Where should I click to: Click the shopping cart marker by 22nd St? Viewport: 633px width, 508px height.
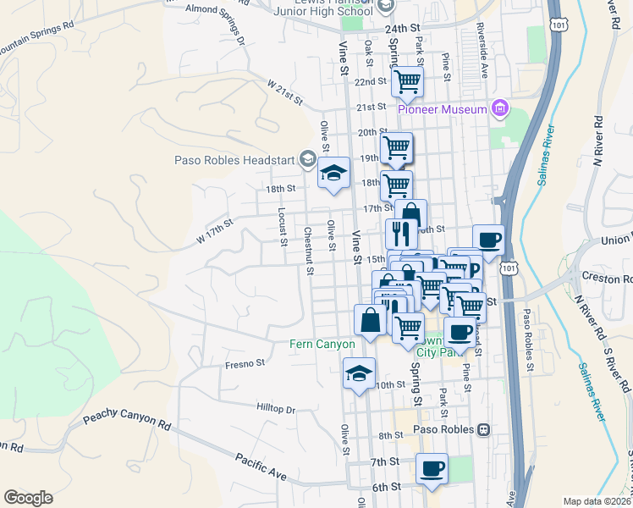point(408,82)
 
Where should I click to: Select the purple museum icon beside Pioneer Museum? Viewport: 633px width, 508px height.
point(500,108)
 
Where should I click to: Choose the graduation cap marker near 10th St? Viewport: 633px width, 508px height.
point(359,373)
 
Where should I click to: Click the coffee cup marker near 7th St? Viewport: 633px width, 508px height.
point(432,468)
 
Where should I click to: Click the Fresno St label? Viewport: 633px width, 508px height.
point(245,364)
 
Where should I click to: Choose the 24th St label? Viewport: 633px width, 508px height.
point(403,28)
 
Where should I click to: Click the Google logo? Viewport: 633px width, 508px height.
point(28,498)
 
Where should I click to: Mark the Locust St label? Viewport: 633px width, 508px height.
point(279,224)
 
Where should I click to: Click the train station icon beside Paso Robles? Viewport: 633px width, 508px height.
point(483,429)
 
